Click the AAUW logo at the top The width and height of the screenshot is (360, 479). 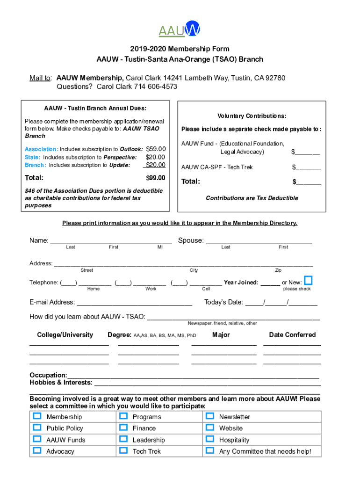180,29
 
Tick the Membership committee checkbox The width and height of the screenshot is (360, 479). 37,416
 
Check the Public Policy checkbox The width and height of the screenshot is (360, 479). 37,428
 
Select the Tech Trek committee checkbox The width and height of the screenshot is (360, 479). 123,450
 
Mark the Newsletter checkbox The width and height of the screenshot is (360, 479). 209,416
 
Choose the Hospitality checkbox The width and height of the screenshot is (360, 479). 209,439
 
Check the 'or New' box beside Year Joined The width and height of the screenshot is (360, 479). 308,281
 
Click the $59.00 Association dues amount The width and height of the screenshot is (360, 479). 156,149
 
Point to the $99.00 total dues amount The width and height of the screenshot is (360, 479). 156,178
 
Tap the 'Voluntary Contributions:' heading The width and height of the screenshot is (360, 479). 252,116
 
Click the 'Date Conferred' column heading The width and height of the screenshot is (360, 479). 292,335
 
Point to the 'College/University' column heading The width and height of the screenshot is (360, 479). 65,335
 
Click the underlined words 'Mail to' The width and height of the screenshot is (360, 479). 40,78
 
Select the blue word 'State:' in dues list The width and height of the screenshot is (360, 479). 33,158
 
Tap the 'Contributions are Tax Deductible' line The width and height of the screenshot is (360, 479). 252,198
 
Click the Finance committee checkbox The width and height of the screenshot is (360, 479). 123,428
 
